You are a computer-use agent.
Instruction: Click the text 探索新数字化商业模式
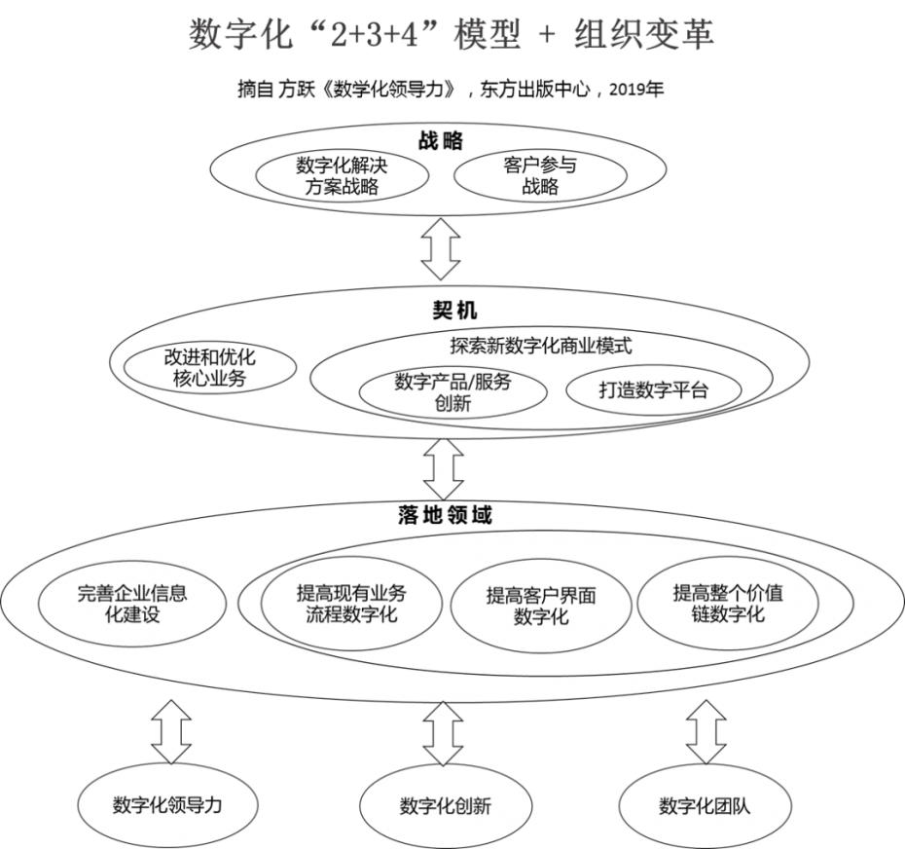click(x=541, y=345)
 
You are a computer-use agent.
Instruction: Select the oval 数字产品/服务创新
click(x=452, y=391)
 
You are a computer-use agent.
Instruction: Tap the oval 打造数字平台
click(x=653, y=391)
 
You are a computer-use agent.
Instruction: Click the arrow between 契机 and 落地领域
click(x=444, y=469)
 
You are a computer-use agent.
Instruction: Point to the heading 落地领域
click(x=444, y=516)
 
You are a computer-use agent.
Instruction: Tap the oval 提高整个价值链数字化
click(x=728, y=604)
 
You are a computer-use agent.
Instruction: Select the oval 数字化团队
click(x=705, y=807)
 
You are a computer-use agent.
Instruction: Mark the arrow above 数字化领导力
click(x=171, y=735)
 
